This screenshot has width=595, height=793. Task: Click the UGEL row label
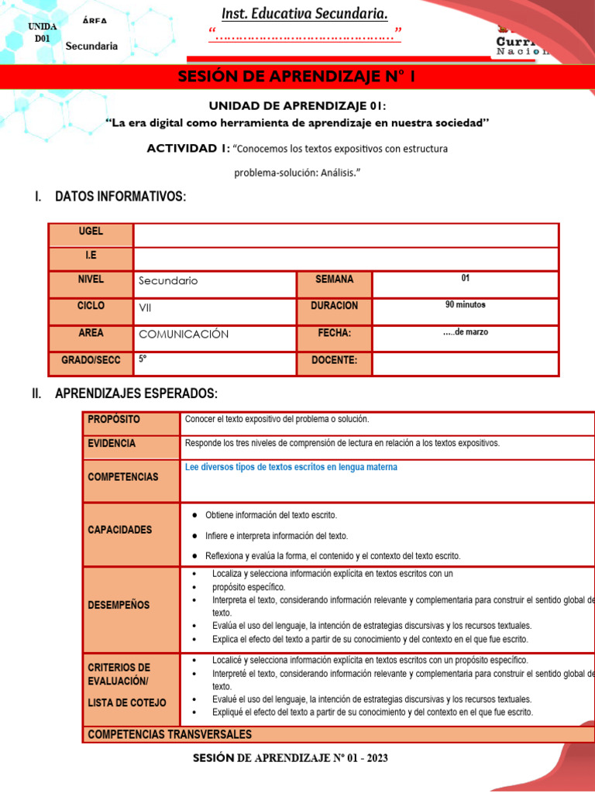click(x=91, y=232)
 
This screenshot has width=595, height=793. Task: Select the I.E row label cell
click(x=91, y=256)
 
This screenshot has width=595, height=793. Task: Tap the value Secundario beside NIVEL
click(x=168, y=281)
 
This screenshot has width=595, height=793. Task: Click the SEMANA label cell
click(x=334, y=280)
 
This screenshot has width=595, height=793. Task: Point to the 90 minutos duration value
click(x=465, y=304)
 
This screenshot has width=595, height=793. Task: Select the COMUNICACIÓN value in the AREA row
click(x=184, y=335)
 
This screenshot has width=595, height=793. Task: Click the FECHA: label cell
click(x=334, y=333)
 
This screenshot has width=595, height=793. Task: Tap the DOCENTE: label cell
click(x=334, y=360)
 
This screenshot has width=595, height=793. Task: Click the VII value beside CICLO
click(x=145, y=307)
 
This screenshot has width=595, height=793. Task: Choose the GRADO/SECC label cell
click(x=91, y=360)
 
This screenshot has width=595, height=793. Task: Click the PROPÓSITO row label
click(x=114, y=419)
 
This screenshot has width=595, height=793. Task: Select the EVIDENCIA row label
click(x=112, y=444)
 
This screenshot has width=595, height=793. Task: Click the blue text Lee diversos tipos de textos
click(x=291, y=468)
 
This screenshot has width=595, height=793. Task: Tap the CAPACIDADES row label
click(x=120, y=530)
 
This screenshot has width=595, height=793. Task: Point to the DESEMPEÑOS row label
click(x=119, y=605)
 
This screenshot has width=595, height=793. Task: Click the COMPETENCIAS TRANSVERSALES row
click(x=170, y=734)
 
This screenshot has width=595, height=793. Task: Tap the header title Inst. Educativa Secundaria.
click(x=304, y=15)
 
